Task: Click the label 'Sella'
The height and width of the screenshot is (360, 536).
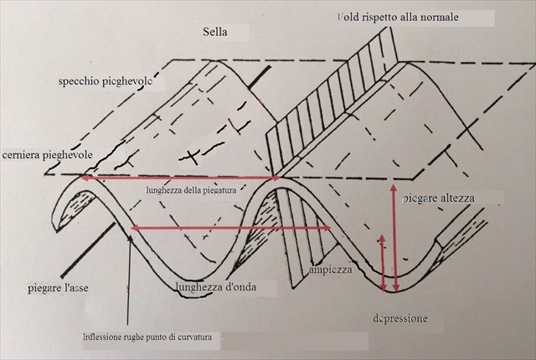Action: (216, 33)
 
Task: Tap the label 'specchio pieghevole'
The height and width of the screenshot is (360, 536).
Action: (109, 82)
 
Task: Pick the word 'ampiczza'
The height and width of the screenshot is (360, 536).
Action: (330, 270)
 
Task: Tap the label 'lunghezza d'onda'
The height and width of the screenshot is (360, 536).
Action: (215, 287)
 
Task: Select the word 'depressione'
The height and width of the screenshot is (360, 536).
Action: (400, 319)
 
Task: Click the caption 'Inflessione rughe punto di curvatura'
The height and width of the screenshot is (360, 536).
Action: (152, 337)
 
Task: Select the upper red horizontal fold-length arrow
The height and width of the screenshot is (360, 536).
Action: (180, 178)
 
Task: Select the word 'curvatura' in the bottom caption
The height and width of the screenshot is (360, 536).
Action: (200, 337)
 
